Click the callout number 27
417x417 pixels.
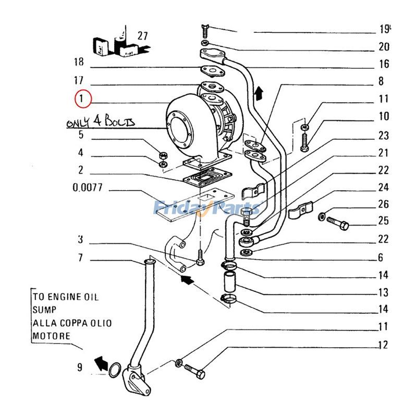click(142, 36)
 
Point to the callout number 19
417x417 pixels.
click(385, 29)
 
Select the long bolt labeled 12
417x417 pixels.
click(194, 372)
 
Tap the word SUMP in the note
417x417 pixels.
click(44, 310)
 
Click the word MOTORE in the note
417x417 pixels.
click(51, 336)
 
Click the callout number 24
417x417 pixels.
click(383, 188)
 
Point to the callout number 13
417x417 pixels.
click(383, 292)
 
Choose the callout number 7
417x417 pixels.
click(80, 257)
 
